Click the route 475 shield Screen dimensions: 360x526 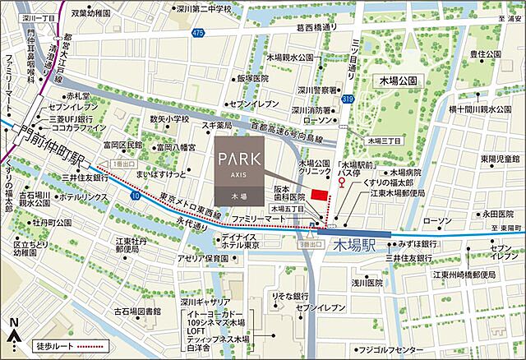196,32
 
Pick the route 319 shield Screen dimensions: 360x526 348,98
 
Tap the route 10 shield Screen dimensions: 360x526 134,197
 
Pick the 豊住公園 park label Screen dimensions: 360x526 486,55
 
